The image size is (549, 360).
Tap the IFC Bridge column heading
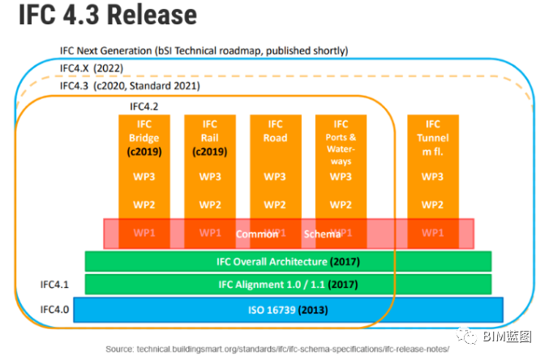pos(144,138)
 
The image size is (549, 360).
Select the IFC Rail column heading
pos(209,138)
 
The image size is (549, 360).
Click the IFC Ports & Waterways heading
pos(341,143)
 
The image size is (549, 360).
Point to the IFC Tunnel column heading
pos(432,138)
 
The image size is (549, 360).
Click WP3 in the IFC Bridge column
pos(144,177)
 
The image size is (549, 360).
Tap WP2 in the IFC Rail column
pos(209,204)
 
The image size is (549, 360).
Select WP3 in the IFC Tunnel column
pos(432,177)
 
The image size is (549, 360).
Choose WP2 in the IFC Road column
pos(275,204)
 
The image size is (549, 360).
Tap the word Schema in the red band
pos(322,234)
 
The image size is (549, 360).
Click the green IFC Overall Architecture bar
pos(288,261)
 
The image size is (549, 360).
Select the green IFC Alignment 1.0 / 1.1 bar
pos(288,285)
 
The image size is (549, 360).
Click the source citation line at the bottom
pos(288,349)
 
